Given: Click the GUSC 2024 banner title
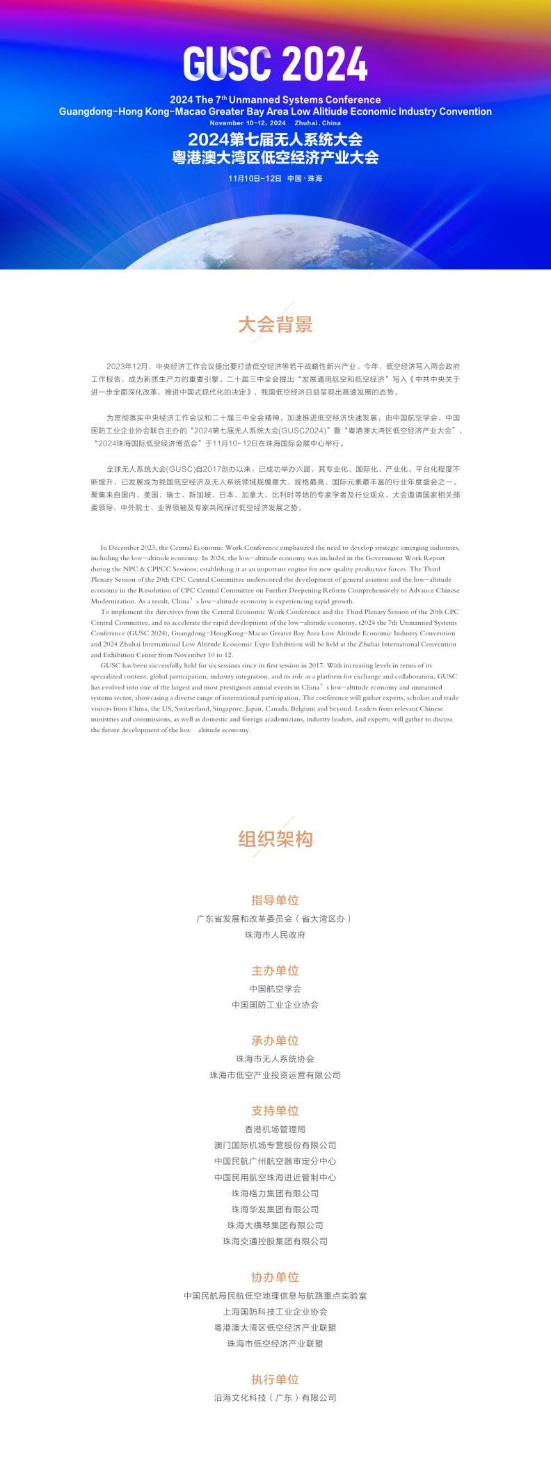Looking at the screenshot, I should [275, 65].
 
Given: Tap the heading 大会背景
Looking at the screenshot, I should [275, 324].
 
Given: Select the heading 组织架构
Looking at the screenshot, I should [275, 839].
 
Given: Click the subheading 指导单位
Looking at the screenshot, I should [275, 900].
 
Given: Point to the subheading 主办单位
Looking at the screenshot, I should [275, 970].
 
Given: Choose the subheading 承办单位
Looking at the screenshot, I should [275, 1040].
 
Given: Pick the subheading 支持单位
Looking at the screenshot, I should [275, 1111].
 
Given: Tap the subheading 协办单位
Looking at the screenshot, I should [275, 1277].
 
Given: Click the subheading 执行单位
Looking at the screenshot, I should [275, 1379].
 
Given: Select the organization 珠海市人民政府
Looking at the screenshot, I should [275, 935].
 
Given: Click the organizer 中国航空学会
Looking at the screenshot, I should [275, 988].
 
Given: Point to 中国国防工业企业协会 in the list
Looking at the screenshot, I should [275, 1005].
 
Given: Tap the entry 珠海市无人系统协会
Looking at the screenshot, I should [275, 1058].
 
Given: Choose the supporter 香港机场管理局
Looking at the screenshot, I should [275, 1129].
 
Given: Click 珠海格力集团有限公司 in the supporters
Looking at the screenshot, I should [275, 1193].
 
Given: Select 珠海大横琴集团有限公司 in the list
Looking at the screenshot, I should [275, 1225].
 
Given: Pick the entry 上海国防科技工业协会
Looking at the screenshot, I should [275, 1311].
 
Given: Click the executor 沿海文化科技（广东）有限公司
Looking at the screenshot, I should [275, 1397].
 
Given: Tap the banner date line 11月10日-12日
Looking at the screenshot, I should [255, 179].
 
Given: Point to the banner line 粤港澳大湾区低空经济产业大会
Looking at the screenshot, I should [275, 157].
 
